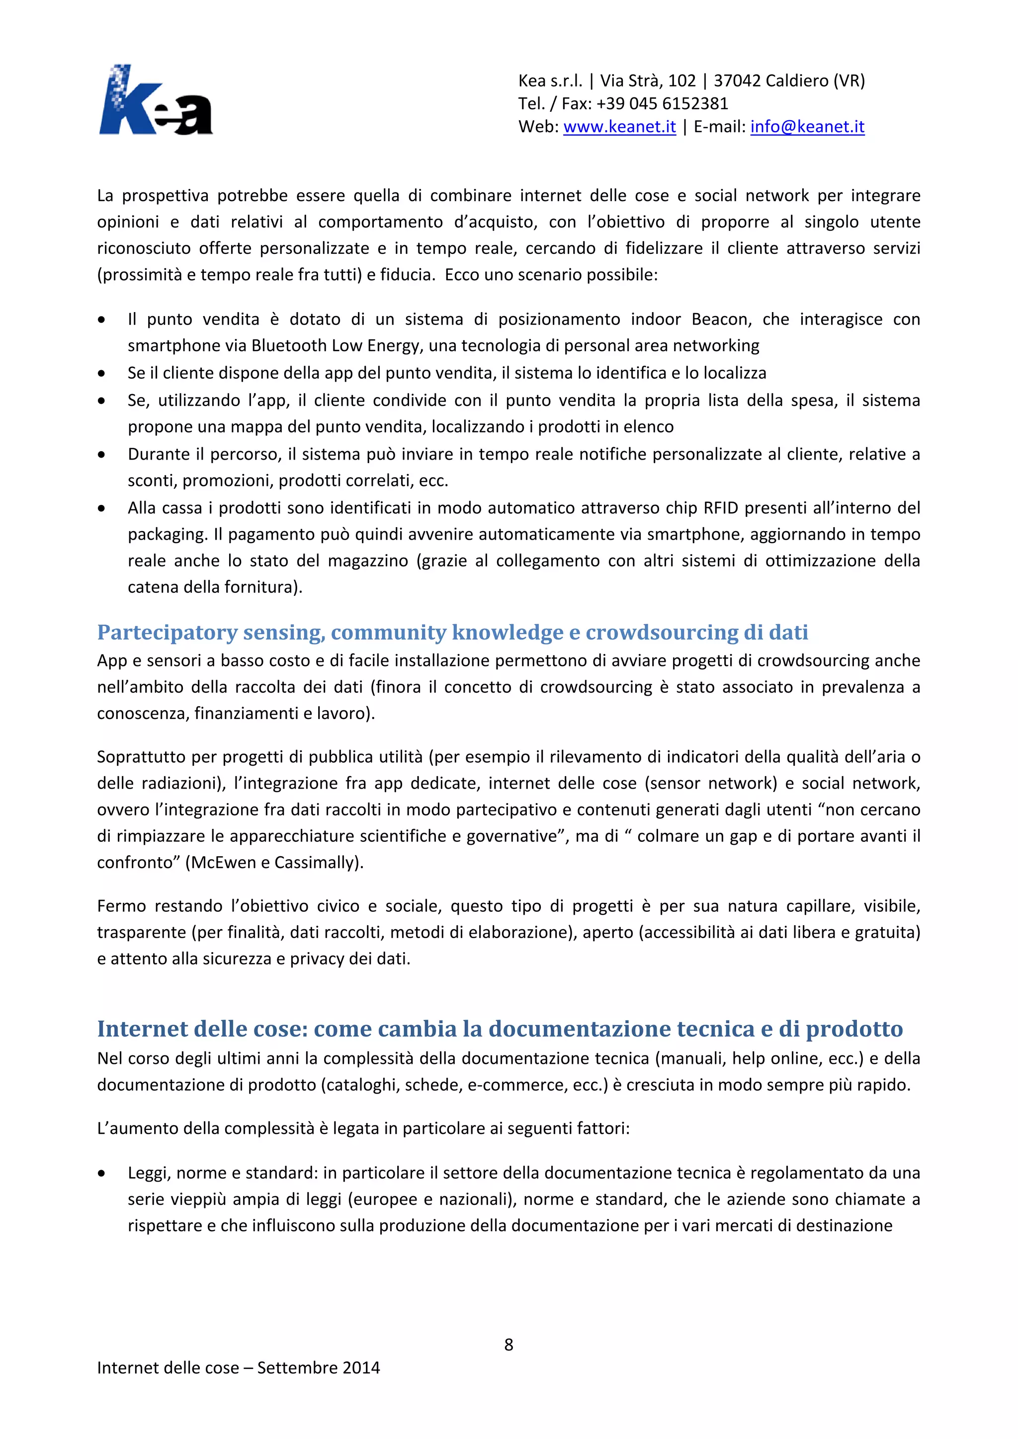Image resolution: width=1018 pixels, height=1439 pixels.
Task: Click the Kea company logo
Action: [156, 100]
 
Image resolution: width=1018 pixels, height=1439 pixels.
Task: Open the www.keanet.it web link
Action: [619, 127]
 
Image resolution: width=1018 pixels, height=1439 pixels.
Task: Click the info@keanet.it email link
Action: [807, 127]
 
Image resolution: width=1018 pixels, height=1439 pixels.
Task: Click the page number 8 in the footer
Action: [509, 1345]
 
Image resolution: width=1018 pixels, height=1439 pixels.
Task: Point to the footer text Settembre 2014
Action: [319, 1367]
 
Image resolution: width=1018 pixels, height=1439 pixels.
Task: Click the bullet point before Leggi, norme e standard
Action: [101, 1173]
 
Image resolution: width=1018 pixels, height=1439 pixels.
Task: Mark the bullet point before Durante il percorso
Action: [101, 454]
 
